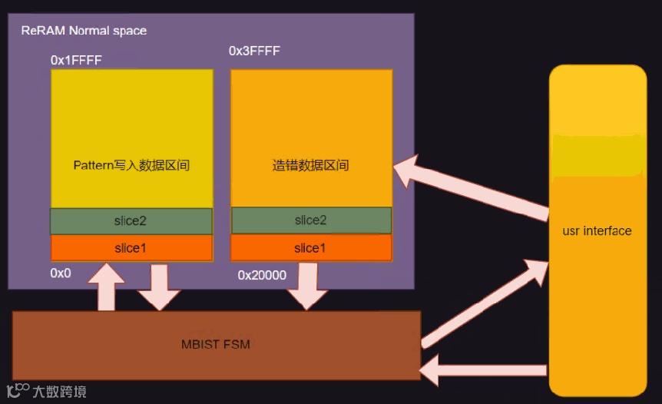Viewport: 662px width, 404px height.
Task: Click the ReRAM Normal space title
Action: (x=83, y=31)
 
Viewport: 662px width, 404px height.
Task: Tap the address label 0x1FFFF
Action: (x=76, y=59)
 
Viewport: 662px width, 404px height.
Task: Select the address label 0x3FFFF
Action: (x=254, y=51)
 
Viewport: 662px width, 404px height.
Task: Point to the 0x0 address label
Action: (x=61, y=273)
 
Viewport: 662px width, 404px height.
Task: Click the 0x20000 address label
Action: (x=262, y=275)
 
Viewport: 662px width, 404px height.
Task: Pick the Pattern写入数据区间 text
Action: (x=131, y=165)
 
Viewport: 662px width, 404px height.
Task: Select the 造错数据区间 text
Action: (x=310, y=165)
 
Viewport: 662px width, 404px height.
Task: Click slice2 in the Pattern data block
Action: (x=131, y=221)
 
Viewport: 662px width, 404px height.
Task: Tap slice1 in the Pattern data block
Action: (x=131, y=248)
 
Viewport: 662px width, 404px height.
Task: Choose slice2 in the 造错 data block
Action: (x=310, y=220)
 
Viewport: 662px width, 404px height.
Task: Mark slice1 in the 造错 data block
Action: (x=310, y=248)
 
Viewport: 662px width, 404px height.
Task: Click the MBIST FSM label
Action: (x=216, y=344)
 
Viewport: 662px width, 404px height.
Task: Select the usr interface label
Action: (x=597, y=230)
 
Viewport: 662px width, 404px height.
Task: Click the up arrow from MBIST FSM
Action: (x=107, y=286)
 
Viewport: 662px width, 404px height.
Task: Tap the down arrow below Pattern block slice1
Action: (x=160, y=287)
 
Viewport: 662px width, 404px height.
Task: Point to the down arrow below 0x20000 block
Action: (x=307, y=286)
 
